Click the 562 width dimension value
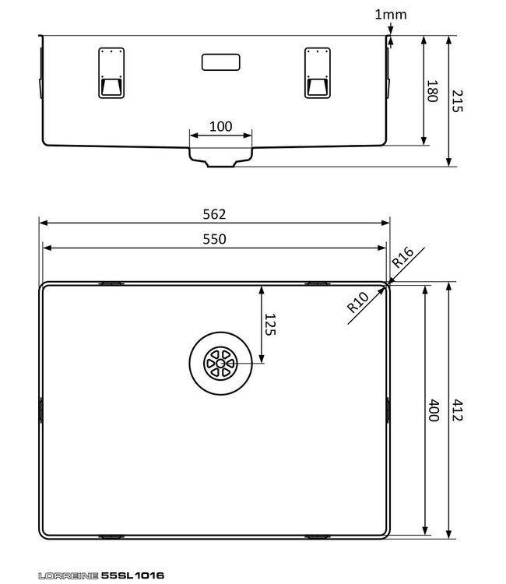[x=214, y=214]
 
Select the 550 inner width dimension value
[x=214, y=239]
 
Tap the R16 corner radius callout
[x=402, y=257]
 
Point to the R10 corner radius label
[x=357, y=301]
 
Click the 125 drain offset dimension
[x=270, y=325]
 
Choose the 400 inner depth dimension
[x=434, y=410]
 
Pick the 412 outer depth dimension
[x=457, y=410]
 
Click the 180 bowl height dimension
[x=432, y=91]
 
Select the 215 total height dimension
[x=457, y=101]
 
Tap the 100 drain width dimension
[x=221, y=127]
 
